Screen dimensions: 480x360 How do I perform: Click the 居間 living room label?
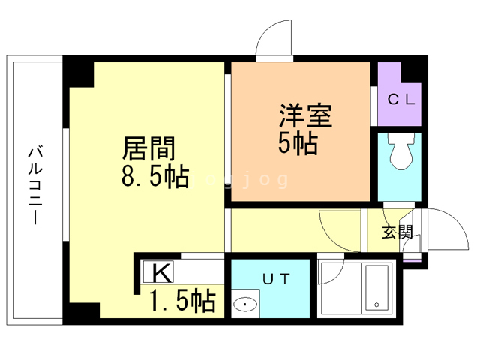tap(148, 148)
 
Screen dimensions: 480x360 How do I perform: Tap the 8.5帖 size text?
tap(155, 176)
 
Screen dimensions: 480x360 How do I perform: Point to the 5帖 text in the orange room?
tap(298, 143)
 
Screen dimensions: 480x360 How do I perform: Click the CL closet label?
tap(401, 99)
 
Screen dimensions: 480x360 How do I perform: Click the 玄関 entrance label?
tap(397, 232)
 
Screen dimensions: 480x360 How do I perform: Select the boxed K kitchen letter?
tap(158, 271)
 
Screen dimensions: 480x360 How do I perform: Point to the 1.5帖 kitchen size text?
tap(183, 301)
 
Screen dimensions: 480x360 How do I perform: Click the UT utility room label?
tap(276, 278)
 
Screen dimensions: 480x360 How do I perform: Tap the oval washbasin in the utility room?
tap(245, 304)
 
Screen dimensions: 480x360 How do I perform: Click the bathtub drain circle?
tap(376, 304)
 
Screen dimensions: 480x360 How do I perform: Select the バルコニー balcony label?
tap(35, 186)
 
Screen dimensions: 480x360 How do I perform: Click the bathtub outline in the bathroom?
tap(376, 289)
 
